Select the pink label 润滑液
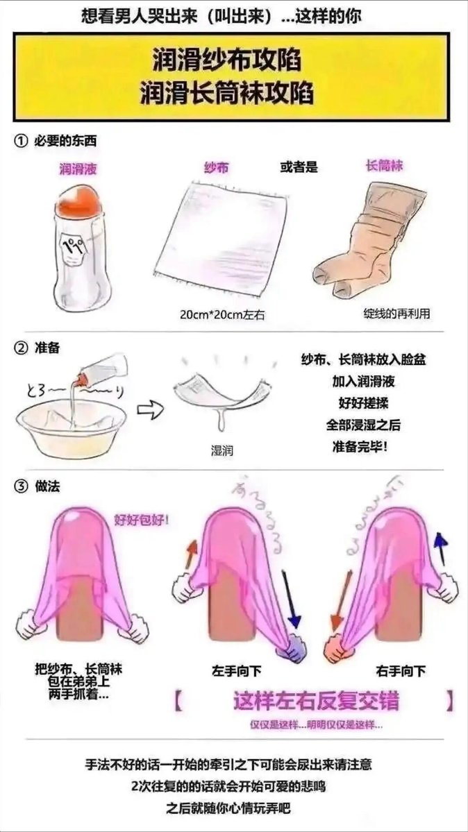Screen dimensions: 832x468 78,168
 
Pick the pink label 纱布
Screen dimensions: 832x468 217,168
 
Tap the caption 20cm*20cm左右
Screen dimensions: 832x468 222,314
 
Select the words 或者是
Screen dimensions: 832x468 299,167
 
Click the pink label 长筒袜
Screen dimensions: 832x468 383,167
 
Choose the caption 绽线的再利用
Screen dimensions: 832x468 396,313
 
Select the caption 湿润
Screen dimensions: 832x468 222,450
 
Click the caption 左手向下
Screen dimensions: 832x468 237,671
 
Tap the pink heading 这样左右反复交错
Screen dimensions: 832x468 316,701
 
